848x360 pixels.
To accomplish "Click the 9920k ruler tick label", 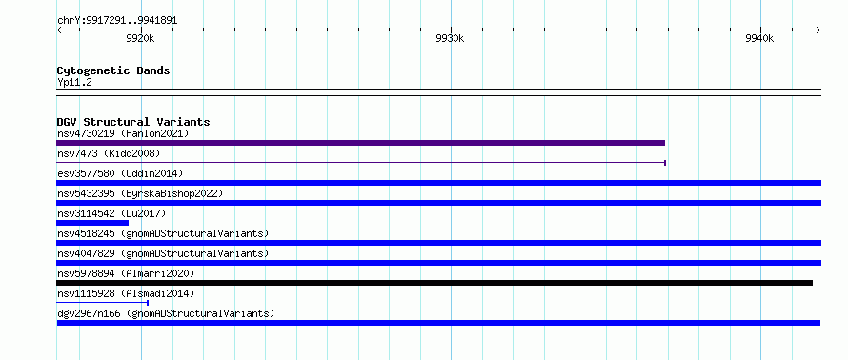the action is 140,38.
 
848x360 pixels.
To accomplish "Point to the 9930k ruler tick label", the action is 450,38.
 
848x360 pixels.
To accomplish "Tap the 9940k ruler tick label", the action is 759,38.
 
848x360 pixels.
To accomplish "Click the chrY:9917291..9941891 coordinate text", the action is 117,21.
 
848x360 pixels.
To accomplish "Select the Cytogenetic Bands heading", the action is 113,70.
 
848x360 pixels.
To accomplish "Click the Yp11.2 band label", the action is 74,83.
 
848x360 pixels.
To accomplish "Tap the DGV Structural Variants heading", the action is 133,122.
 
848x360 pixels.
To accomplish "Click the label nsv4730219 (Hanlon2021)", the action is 123,133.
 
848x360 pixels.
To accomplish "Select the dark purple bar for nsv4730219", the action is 360,143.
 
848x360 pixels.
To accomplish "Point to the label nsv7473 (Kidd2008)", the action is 109,153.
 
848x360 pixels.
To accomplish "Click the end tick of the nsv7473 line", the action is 665,163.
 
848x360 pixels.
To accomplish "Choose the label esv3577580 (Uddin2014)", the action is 120,173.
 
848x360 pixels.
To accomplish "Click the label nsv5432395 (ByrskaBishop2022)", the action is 140,193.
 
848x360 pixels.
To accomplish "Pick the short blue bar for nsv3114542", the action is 92,223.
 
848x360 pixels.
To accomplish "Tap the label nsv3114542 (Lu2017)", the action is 111,213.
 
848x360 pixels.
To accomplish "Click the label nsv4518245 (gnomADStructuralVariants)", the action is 163,233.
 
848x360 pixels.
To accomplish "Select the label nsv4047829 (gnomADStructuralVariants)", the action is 163,253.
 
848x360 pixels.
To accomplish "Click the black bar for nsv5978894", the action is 434,283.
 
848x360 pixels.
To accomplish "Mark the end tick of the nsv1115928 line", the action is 148,303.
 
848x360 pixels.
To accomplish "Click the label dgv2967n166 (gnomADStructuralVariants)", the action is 166,313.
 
